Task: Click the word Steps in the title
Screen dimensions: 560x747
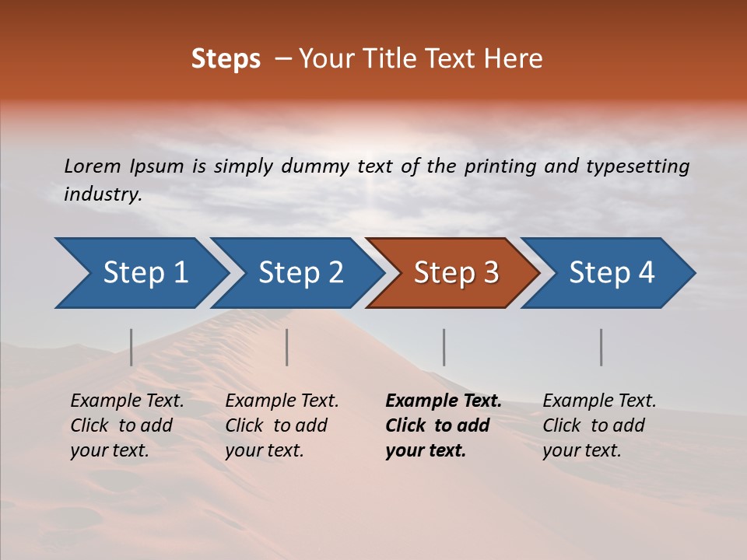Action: point(226,59)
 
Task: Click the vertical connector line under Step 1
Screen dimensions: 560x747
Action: point(132,347)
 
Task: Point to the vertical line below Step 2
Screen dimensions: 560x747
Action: point(287,347)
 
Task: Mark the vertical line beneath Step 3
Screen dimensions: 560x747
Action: point(444,347)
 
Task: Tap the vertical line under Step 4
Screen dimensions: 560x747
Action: point(601,347)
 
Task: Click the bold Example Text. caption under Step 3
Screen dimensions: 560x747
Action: point(444,401)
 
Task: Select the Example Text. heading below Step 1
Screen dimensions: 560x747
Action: point(127,401)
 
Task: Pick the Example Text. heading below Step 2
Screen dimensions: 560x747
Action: point(282,401)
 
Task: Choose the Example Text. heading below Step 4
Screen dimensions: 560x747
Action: point(599,401)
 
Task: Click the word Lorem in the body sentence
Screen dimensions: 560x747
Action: point(93,166)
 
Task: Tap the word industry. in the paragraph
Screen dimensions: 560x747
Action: point(103,194)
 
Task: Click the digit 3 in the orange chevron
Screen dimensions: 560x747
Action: point(490,273)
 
